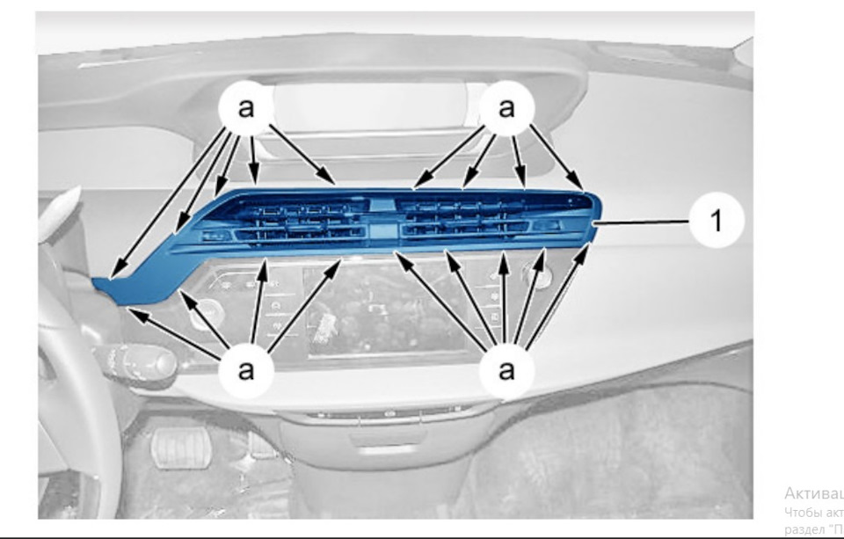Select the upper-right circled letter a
pyautogui.click(x=506, y=108)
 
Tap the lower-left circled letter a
pyautogui.click(x=247, y=368)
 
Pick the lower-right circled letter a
pyautogui.click(x=506, y=368)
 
